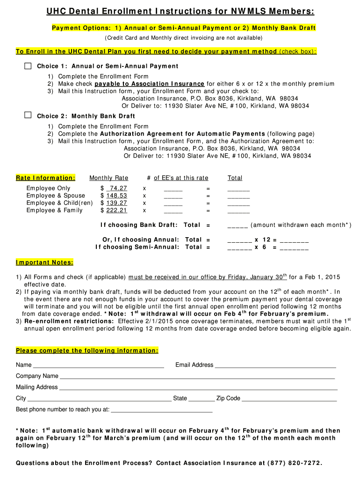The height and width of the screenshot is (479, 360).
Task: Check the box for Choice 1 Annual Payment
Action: tap(28, 66)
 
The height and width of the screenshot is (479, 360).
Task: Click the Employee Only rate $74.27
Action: tap(115, 188)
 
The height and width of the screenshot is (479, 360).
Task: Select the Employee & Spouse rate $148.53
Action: tap(115, 196)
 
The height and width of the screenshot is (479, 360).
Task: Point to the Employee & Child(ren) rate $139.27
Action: tap(115, 203)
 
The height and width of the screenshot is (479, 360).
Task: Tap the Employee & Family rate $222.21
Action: tap(115, 210)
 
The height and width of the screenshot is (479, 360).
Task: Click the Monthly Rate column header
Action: tap(108, 178)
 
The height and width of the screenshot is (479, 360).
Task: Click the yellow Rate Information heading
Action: tap(45, 178)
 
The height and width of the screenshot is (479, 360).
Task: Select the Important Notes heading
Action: tap(44, 262)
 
